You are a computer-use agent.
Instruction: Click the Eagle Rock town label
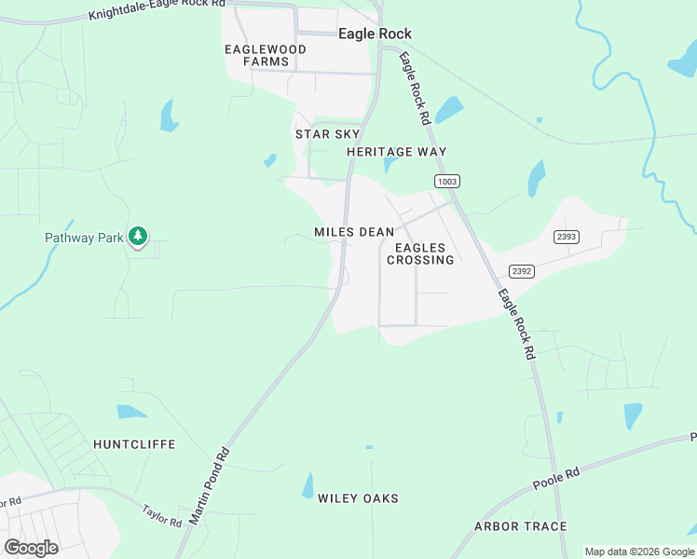375,34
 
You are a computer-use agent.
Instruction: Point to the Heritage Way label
396,152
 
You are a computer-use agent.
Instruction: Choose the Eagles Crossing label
424,253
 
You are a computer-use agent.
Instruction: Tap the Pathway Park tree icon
138,237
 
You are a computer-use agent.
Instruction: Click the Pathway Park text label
84,238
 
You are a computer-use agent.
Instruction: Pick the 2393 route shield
567,237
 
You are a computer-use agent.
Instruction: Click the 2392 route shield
521,271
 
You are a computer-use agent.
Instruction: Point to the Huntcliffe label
134,444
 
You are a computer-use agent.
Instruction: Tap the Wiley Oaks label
358,498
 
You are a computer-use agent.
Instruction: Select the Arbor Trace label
520,526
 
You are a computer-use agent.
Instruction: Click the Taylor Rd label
162,516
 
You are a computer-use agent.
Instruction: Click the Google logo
31,548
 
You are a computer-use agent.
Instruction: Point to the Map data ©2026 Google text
639,552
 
